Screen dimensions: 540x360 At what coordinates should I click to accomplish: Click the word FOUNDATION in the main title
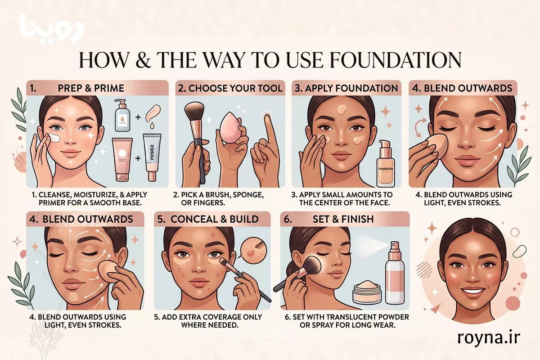click(396, 60)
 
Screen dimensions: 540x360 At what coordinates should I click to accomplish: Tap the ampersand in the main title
click(144, 60)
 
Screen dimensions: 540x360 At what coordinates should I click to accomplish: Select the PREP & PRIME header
click(91, 88)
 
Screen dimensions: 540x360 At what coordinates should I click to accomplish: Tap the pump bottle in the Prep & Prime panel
click(122, 115)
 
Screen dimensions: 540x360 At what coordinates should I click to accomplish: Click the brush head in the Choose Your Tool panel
click(195, 111)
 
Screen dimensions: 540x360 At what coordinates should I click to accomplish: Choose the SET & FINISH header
click(343, 219)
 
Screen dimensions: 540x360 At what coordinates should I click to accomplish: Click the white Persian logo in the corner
click(52, 29)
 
